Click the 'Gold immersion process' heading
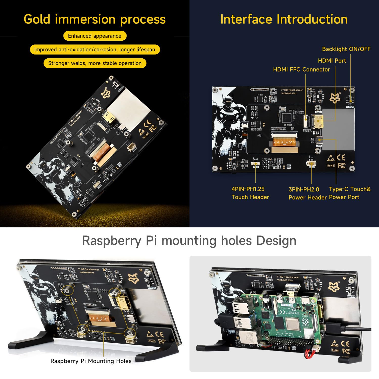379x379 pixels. tap(94, 19)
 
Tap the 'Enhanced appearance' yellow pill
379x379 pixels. tap(94, 36)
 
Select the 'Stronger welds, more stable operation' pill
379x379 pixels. tap(95, 63)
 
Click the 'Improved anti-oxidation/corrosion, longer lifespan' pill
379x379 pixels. tap(94, 50)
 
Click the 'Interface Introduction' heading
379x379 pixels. tap(284, 19)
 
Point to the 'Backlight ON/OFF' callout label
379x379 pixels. tap(346, 49)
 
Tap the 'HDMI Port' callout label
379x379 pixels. tap(332, 61)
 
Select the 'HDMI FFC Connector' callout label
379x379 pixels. tap(301, 69)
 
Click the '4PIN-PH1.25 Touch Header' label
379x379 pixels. tap(250, 193)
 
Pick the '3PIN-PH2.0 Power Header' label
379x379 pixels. tap(307, 193)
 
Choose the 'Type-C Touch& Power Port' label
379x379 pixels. tap(349, 193)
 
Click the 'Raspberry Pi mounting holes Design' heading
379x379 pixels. tap(189, 241)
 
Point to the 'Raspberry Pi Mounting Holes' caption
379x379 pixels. tap(91, 361)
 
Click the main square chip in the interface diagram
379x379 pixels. tap(287, 118)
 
